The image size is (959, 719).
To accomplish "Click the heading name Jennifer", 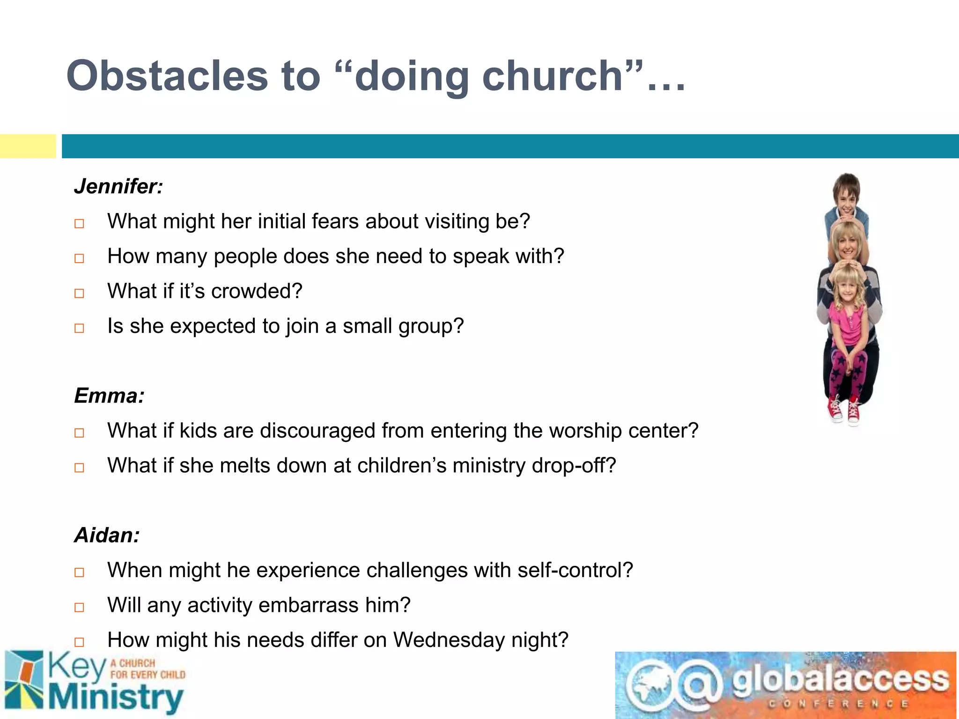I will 118,186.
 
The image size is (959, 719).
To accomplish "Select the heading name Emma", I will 109,396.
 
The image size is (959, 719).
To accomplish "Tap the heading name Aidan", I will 107,535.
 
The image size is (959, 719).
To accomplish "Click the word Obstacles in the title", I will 167,76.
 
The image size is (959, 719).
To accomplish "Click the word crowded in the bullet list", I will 257,291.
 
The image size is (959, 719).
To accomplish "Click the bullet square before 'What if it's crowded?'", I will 79,293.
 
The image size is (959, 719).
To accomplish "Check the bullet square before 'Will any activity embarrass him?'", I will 79,607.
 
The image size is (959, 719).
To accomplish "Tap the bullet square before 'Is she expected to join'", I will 79,328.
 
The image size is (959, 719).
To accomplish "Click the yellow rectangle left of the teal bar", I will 28,146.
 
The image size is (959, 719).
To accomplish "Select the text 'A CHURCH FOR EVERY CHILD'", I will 148,669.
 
